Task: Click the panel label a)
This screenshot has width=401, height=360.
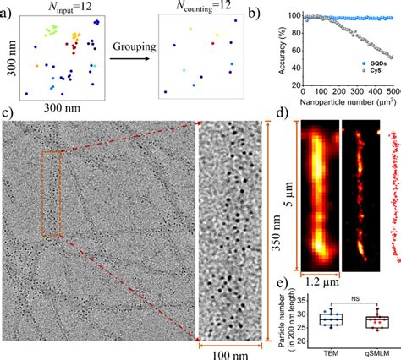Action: (x=8, y=8)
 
